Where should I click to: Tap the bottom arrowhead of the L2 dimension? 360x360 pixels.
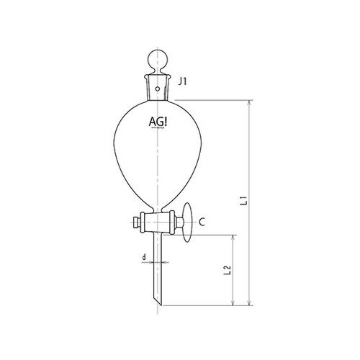click(234, 302)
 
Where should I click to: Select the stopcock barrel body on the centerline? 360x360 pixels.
click(157, 222)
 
